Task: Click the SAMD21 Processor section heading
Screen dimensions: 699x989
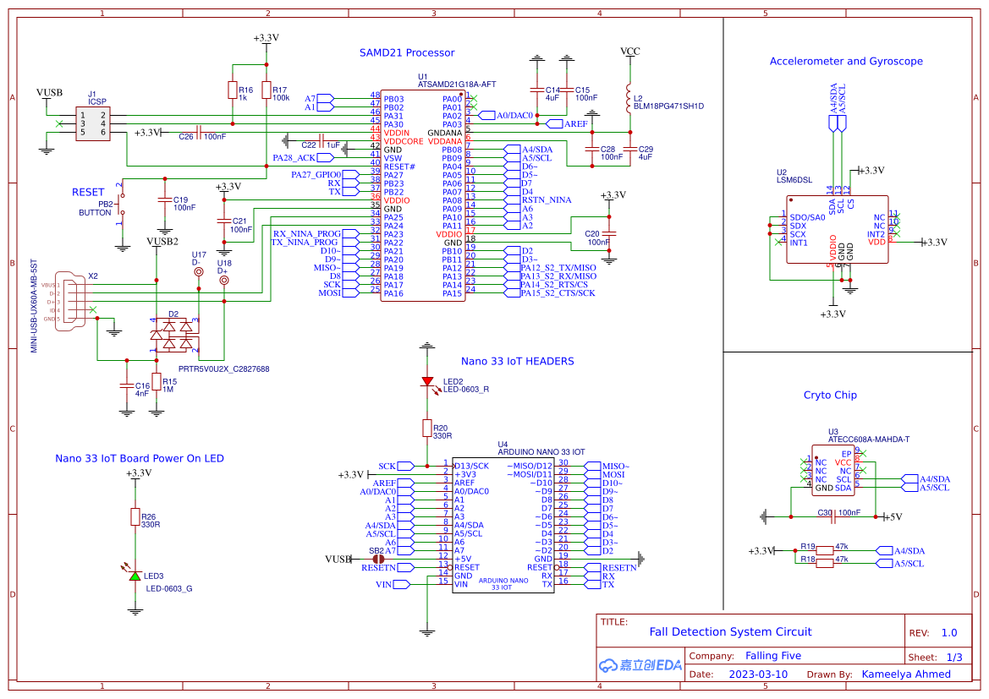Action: point(407,52)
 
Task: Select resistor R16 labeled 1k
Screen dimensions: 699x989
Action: point(232,90)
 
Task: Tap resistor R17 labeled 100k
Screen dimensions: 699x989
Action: point(266,90)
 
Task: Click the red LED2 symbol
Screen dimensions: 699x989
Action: point(427,381)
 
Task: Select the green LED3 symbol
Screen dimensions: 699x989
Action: point(135,575)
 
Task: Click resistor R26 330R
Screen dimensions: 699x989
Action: point(135,516)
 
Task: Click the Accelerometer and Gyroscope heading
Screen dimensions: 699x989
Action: point(846,61)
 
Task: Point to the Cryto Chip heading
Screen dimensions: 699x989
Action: point(830,395)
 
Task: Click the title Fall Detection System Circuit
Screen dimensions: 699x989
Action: point(730,631)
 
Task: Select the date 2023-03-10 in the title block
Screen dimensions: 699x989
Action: point(758,674)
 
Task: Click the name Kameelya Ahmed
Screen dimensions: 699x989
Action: point(906,674)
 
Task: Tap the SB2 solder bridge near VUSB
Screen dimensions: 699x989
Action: point(379,559)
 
